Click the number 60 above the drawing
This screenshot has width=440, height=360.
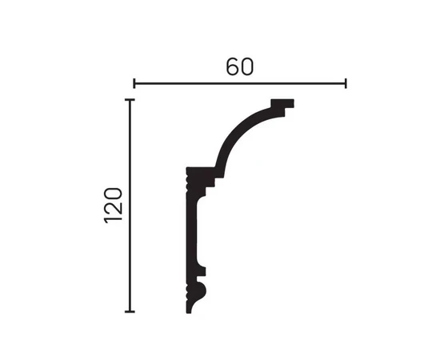point(240,66)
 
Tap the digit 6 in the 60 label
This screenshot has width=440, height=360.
point(233,66)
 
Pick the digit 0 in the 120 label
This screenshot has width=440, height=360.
point(114,194)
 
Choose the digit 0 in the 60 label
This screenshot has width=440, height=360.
point(247,66)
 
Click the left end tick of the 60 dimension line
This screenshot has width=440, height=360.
point(134,83)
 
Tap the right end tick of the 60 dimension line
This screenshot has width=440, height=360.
point(346,83)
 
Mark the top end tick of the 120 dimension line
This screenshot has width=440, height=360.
point(130,100)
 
